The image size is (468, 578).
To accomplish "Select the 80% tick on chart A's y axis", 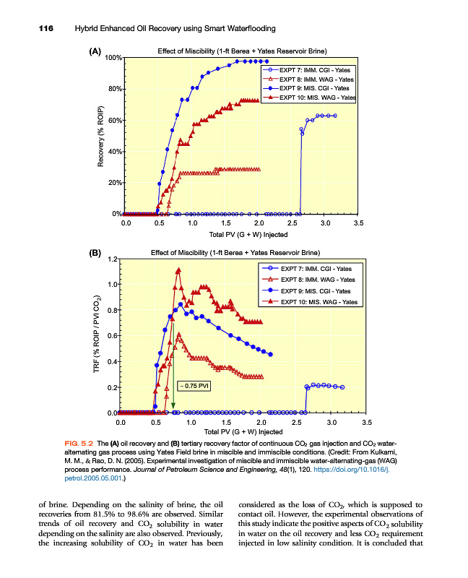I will coord(113,89).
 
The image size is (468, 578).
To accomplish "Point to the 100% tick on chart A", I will coord(112,57).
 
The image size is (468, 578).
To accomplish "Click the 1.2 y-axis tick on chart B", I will coord(111,259).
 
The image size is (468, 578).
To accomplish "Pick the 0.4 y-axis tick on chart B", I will coord(111,361).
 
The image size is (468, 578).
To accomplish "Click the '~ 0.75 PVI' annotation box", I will coord(194,387).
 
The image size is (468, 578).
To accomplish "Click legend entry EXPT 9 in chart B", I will coord(315,290).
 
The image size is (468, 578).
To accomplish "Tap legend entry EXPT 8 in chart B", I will coord(316,280).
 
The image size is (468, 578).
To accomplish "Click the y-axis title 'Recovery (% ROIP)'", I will coord(101,137).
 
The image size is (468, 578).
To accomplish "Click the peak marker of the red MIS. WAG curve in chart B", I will coord(178,270).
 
